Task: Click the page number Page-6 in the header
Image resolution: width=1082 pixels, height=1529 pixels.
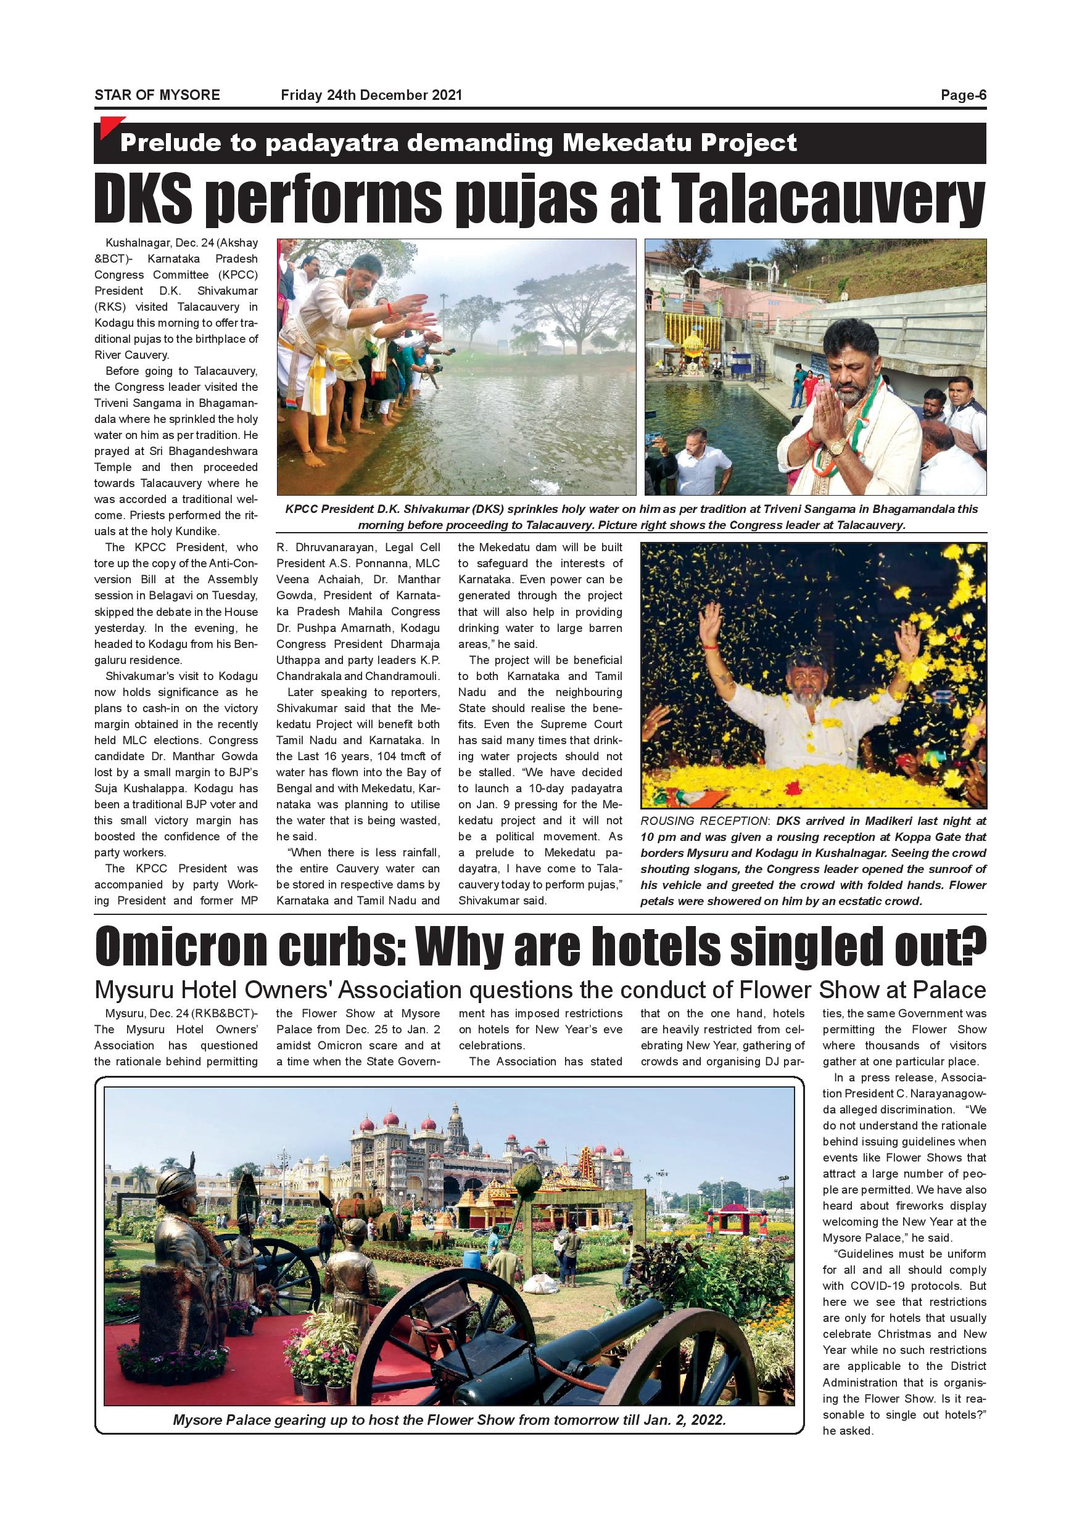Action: pos(963,95)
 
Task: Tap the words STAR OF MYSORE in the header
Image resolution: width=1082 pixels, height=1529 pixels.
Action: pos(157,95)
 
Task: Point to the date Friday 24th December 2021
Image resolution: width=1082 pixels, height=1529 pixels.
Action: pos(371,95)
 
